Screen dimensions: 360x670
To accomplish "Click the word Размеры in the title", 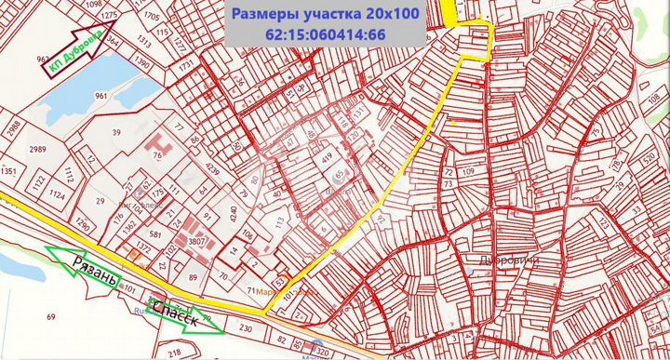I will click(268, 14).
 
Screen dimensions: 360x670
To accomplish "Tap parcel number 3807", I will click(197, 240).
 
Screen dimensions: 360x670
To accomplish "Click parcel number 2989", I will click(37, 150).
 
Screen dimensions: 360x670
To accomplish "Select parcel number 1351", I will click(9, 171).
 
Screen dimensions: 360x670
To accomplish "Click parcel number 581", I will click(155, 234).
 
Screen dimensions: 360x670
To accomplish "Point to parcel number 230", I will click(246, 328).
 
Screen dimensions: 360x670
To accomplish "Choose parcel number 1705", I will click(152, 17).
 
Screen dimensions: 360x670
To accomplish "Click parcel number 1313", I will click(143, 40).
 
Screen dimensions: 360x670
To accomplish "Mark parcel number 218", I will click(174, 353).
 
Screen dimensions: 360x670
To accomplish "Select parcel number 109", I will click(468, 173).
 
